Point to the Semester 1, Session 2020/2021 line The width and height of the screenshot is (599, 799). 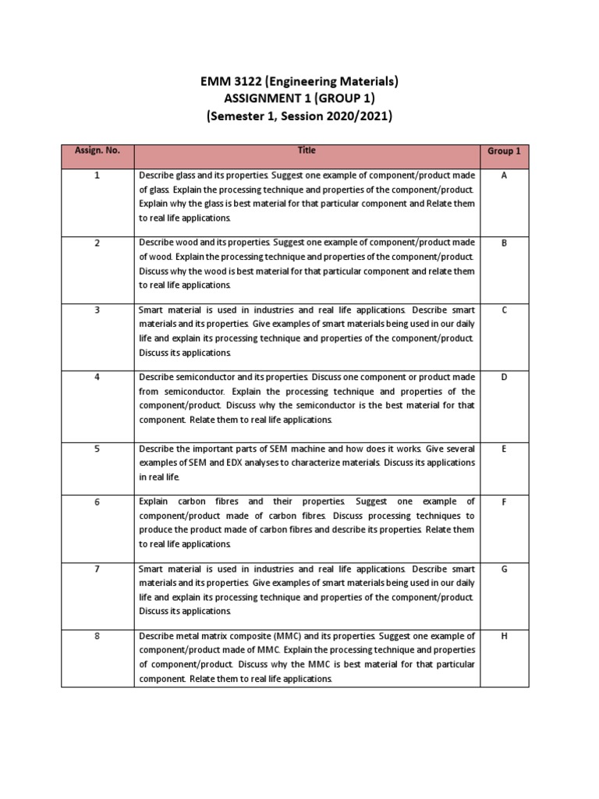pos(299,118)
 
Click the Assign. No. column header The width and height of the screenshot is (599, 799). pos(97,151)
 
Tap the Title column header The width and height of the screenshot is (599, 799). pos(306,151)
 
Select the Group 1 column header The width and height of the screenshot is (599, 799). pos(504,151)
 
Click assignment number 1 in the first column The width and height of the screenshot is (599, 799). pos(97,176)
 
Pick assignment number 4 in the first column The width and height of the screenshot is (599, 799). pos(97,378)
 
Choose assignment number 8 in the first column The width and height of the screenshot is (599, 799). pos(97,637)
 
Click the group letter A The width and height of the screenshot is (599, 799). pos(504,176)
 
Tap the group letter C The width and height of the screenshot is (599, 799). pos(504,311)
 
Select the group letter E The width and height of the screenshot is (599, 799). pos(504,449)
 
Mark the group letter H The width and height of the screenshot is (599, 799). pos(504,637)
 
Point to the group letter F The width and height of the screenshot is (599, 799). pos(504,502)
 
